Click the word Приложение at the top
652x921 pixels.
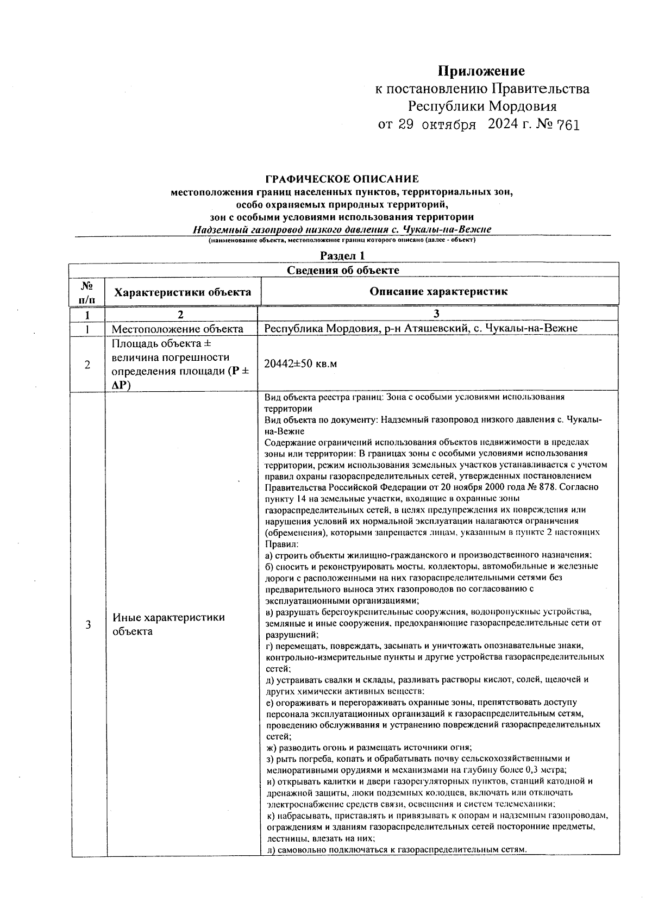pos(481,71)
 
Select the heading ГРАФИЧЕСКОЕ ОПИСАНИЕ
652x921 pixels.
pos(342,179)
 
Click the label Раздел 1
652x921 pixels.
pos(342,255)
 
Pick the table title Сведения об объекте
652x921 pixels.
pos(343,270)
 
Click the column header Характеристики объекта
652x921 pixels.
pos(183,292)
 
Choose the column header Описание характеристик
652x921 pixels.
pos(438,291)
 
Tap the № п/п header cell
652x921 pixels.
pos(87,292)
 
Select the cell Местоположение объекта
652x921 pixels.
pos(177,329)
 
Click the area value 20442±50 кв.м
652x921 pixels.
pos(300,364)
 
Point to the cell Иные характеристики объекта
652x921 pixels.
pos(168,624)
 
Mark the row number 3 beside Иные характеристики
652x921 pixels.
pos(88,624)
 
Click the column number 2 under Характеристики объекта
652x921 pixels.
pos(180,314)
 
